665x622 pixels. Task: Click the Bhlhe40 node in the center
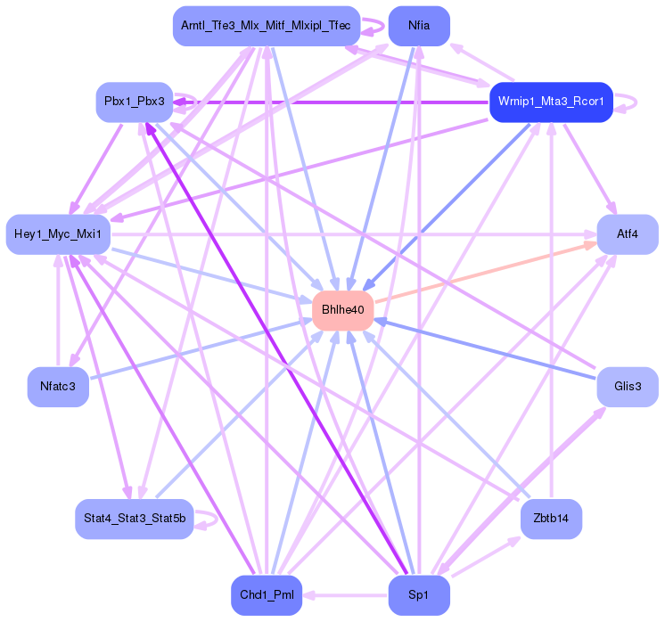coord(343,309)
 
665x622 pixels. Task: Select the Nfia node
coord(419,26)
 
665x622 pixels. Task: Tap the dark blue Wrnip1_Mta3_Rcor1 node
coord(551,102)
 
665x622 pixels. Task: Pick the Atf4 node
coord(628,234)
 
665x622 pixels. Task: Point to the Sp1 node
coord(419,594)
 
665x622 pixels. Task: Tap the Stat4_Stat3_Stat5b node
coord(135,519)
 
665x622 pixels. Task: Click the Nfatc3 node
coord(58,386)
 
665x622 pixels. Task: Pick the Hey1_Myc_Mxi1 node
coord(58,234)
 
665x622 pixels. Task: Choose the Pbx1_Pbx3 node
coord(135,102)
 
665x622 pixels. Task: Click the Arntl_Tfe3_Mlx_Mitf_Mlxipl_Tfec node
coord(267,26)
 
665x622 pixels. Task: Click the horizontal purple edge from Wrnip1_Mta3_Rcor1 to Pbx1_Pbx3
coord(339,102)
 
